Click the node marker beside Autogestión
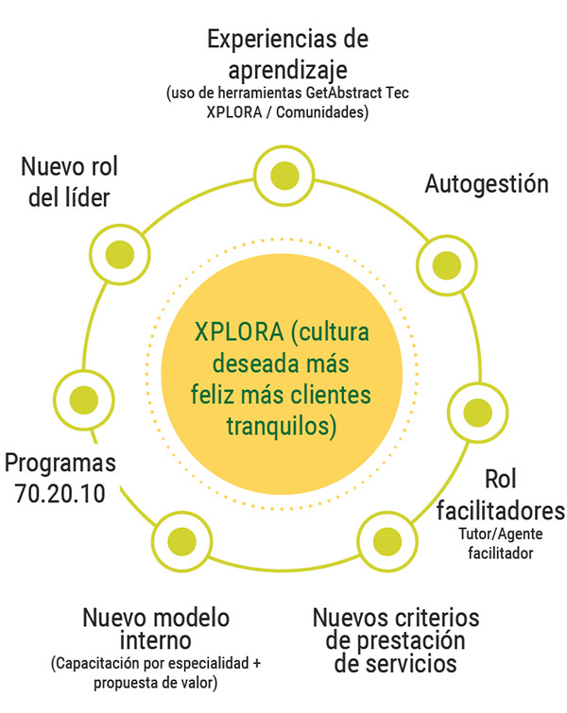click(x=446, y=265)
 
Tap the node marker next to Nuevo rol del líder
click(x=120, y=255)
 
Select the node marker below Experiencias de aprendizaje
click(x=284, y=176)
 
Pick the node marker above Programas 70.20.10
click(x=84, y=399)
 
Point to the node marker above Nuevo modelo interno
click(x=181, y=541)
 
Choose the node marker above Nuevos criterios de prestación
click(x=387, y=541)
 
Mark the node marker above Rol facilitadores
click(x=477, y=412)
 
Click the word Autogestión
click(x=487, y=184)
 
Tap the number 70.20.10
click(x=60, y=494)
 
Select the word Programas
click(x=60, y=464)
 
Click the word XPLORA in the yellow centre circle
click(x=239, y=331)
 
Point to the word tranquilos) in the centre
click(x=282, y=427)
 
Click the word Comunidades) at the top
click(x=322, y=112)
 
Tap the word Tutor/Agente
click(x=501, y=534)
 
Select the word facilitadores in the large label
click(x=501, y=511)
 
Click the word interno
click(x=155, y=640)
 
